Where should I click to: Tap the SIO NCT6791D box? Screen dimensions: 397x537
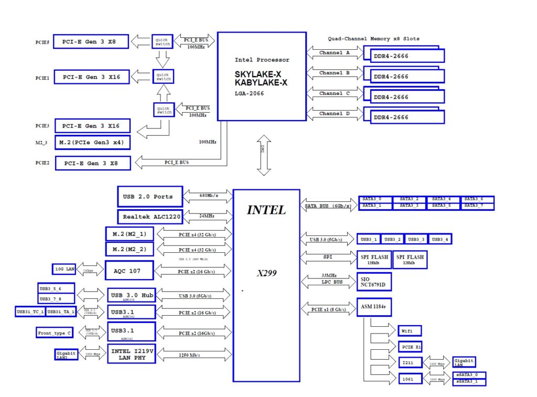point(374,281)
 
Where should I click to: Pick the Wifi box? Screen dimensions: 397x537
point(409,331)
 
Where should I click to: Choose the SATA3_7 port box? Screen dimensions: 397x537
point(477,206)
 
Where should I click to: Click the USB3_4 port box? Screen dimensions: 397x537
point(440,239)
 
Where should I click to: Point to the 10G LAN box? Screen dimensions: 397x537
point(65,270)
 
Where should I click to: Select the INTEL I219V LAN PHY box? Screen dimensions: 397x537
point(132,355)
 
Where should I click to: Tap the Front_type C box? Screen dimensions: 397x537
point(55,333)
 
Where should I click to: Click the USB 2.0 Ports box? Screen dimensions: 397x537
point(149,197)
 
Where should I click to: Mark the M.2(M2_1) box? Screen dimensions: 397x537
point(130,234)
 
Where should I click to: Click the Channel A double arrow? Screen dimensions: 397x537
point(334,52)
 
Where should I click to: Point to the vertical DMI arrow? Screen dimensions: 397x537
point(264,155)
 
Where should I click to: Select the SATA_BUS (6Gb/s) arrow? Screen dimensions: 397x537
point(328,206)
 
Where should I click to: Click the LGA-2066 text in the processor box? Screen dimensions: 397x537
point(249,93)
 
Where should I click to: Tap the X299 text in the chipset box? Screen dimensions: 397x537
point(266,273)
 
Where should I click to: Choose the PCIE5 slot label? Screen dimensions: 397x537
point(42,42)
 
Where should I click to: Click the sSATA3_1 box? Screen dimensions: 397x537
point(469,381)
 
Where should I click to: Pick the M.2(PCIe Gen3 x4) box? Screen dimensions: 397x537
point(93,143)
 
